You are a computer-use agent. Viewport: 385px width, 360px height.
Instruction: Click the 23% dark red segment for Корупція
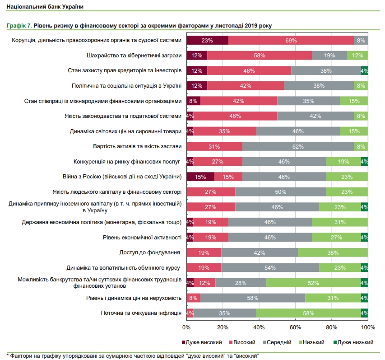click(x=207, y=41)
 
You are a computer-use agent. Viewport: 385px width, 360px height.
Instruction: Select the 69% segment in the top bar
click(x=291, y=41)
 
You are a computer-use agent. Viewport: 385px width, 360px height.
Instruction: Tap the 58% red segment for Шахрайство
click(x=260, y=56)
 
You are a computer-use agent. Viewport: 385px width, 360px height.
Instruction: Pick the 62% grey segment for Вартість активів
click(x=298, y=146)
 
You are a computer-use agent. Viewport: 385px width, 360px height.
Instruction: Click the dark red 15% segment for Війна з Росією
click(x=200, y=177)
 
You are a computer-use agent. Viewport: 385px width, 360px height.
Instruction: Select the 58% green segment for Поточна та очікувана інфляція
click(x=308, y=313)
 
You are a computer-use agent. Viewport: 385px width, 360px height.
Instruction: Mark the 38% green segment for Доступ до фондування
click(x=333, y=252)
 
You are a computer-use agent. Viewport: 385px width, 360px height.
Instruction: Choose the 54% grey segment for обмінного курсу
click(x=270, y=267)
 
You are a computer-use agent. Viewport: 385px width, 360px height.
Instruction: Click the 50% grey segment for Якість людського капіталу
click(x=280, y=192)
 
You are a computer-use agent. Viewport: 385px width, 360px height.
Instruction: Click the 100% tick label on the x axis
click(x=368, y=327)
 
